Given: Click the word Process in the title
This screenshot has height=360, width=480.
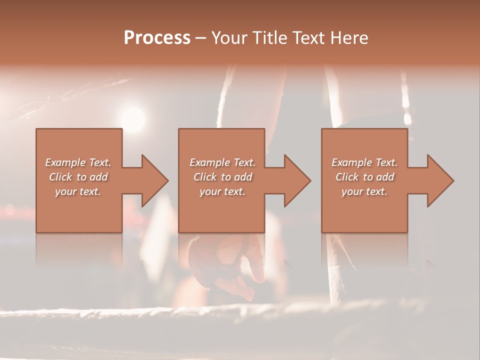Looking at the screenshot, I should coord(157,38).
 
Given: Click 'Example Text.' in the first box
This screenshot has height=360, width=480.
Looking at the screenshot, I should coord(78,162).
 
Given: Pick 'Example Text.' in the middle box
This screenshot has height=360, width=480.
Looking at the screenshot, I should coord(222,162).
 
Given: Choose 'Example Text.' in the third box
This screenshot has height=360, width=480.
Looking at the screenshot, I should coord(364,162).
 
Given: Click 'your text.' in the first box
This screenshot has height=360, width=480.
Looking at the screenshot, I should coord(78,191).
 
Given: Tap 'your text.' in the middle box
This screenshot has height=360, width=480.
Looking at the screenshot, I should coord(222,191).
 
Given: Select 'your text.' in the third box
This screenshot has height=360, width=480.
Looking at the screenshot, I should coord(364,191).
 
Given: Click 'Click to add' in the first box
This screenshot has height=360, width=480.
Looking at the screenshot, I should coord(78,177).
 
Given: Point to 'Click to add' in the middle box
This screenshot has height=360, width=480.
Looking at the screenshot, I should coord(222,177).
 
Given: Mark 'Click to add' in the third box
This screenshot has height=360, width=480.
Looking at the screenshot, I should coord(364,177).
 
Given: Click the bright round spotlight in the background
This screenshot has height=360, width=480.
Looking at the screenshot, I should coord(133,119).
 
